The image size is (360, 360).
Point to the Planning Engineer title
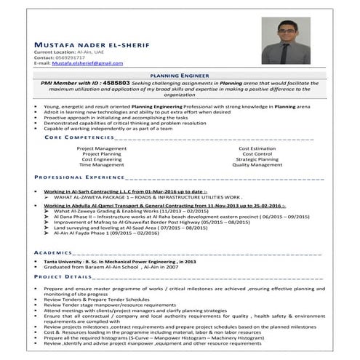[x=179, y=75]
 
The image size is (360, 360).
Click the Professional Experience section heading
[x=80, y=177]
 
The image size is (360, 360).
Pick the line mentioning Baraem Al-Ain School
[x=111, y=266]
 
